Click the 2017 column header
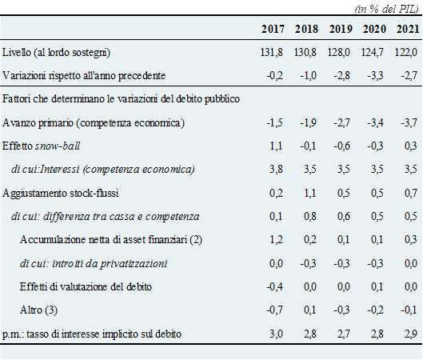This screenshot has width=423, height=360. point(273,29)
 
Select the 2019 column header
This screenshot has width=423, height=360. point(341,29)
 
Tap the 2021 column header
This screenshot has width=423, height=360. point(408,29)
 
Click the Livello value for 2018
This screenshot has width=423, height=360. point(305,52)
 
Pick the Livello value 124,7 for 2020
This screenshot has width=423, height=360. point(373,52)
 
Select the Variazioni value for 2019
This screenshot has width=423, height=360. point(341,75)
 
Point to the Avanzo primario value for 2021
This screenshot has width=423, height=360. point(409,122)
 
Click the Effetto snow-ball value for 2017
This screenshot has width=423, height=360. point(276,146)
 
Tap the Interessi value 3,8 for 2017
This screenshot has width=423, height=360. point(276,170)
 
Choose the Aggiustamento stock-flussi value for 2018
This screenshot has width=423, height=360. point(309,194)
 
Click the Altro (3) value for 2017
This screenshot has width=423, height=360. point(274,310)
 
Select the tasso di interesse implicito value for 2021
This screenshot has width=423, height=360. point(410,334)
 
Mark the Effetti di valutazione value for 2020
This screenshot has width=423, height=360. point(377,286)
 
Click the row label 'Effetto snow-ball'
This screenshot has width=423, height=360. point(41,146)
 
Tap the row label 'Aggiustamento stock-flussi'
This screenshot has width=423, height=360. point(60,194)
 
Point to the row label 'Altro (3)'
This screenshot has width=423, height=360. point(38,310)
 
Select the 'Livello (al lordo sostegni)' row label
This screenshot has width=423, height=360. point(56,52)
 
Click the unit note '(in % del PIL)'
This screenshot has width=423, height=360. point(386,9)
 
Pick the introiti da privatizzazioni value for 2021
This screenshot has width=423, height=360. point(410,263)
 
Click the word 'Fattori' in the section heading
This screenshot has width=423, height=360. point(16,98)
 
